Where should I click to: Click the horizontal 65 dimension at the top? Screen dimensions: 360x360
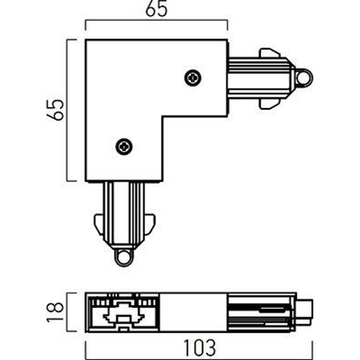(x=157, y=10)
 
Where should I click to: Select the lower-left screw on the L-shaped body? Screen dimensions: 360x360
(x=124, y=146)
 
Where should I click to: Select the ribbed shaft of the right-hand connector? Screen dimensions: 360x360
(x=257, y=78)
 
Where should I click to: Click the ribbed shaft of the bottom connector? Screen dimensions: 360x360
(x=123, y=212)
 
